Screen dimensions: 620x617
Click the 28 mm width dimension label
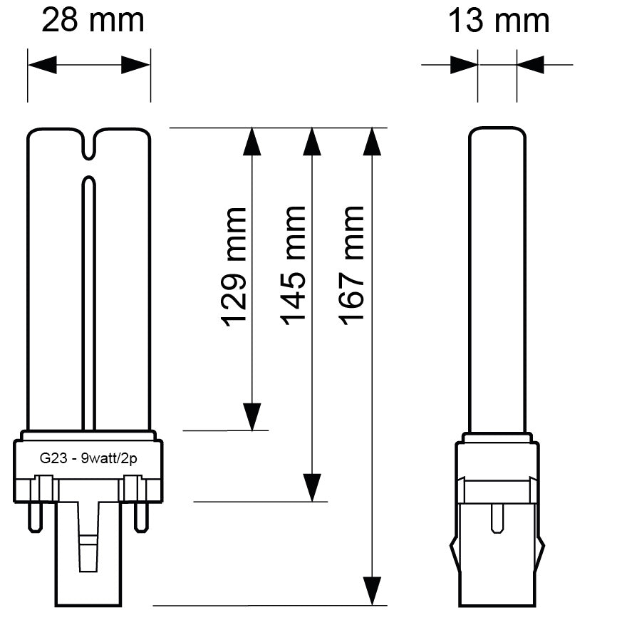coord(93,21)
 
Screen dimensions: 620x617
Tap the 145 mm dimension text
coord(293,265)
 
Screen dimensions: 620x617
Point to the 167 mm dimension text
coord(351,265)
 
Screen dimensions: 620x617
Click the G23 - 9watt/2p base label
coord(88,460)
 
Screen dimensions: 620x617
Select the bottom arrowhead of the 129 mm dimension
coord(252,417)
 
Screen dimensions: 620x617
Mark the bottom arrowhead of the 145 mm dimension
coord(311,488)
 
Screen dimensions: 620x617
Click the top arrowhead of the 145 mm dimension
coord(311,140)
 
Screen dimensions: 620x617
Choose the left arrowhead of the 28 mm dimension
coord(42,66)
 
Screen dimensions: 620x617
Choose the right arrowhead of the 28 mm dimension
coord(135,66)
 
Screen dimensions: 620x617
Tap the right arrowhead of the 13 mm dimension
coord(531,66)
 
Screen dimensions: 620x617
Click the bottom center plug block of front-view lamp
coord(88,570)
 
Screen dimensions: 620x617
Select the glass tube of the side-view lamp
coord(497,278)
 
